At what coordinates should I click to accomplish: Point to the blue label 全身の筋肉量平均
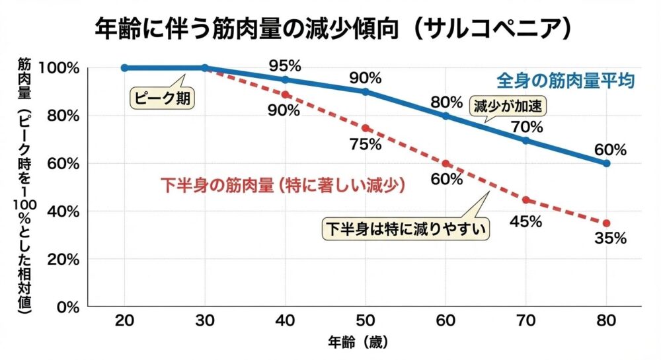(x=566, y=81)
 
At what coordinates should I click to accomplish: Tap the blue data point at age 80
(x=606, y=163)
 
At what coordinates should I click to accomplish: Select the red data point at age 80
(x=606, y=223)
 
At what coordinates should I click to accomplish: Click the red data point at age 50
(x=366, y=127)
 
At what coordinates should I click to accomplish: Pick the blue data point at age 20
(x=125, y=67)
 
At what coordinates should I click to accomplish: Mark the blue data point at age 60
(x=446, y=116)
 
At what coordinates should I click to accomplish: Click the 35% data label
(x=610, y=238)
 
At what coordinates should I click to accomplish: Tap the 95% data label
(x=284, y=65)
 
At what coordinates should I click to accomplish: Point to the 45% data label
(x=525, y=221)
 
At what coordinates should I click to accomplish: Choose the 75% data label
(x=365, y=145)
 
